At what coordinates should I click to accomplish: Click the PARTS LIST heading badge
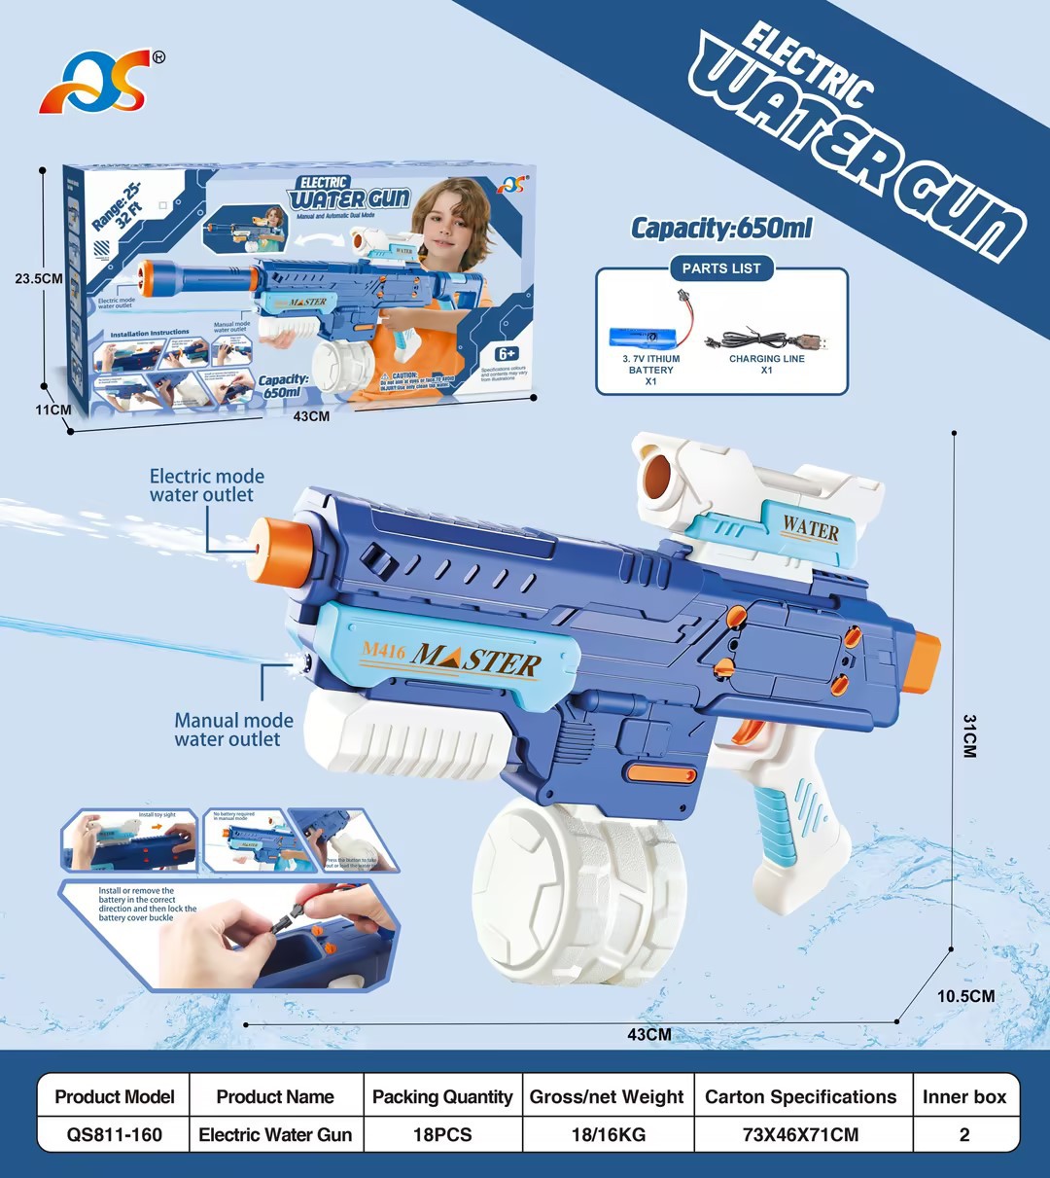point(720,268)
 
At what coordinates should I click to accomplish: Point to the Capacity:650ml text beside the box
point(721,229)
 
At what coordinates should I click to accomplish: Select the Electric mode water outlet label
point(206,485)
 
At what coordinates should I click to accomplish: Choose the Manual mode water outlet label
point(233,730)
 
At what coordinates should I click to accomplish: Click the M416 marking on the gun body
point(383,651)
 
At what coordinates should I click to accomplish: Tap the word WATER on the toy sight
point(810,529)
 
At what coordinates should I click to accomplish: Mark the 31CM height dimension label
point(969,735)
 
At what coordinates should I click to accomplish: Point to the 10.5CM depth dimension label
point(965,996)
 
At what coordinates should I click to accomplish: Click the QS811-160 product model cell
point(115,1134)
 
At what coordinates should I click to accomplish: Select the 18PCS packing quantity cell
point(442,1134)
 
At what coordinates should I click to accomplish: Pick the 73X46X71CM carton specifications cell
point(801,1134)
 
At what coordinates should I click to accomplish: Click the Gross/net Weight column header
point(607,1097)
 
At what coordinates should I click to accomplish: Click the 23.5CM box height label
point(39,278)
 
